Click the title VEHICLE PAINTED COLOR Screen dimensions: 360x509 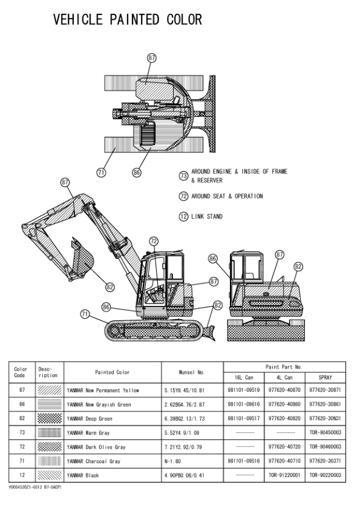tap(128, 19)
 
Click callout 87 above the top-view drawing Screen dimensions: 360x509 tap(152, 58)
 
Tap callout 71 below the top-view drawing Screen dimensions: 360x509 tap(101, 172)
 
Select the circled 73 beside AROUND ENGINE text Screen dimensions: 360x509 tap(183, 176)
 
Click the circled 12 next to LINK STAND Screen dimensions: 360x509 tap(183, 216)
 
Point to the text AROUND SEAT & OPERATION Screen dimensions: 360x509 tap(227, 196)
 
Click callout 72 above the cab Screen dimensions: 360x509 tap(154, 241)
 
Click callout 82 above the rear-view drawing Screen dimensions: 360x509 tap(298, 267)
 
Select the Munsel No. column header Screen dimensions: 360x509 tap(192, 372)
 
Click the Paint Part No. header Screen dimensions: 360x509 tap(284, 367)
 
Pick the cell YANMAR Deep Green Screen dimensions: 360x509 tap(90, 419)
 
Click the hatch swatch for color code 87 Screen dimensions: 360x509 tap(50, 390)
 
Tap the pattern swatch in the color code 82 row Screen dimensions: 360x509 tap(50, 418)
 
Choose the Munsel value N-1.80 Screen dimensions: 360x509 tap(172, 461)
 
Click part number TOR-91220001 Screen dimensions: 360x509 tap(284, 475)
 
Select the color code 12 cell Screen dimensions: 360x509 tap(22, 475)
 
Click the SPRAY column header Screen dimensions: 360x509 tap(326, 378)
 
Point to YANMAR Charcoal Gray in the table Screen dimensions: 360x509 tap(94, 461)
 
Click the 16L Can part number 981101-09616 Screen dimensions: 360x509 tap(244, 404)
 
